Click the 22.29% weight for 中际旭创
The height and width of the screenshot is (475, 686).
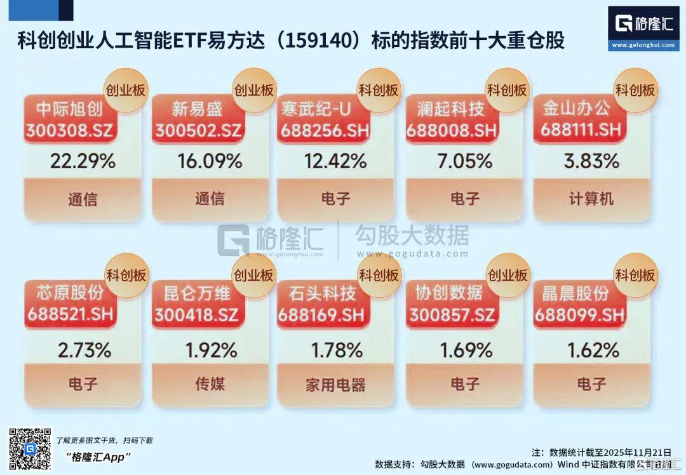83,161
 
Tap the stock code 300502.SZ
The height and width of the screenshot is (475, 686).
198,130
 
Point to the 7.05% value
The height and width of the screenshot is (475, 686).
465,161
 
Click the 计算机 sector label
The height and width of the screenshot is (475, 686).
591,199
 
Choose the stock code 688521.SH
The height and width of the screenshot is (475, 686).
70,314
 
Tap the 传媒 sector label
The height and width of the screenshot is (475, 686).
210,384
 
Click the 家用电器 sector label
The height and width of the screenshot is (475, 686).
335,384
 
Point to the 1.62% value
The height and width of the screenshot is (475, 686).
591,350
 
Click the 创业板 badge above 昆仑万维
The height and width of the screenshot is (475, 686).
253,275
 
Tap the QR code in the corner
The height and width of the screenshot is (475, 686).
29,449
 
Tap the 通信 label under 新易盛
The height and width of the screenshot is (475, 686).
210,199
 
